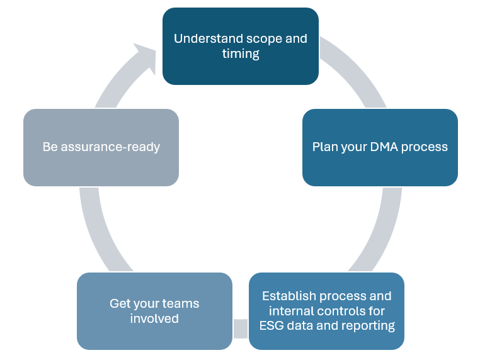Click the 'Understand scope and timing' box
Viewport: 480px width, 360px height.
(x=241, y=46)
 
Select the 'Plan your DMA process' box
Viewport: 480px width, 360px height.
(x=380, y=147)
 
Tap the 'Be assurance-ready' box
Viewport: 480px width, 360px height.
(x=101, y=147)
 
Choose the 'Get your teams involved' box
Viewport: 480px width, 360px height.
(x=154, y=311)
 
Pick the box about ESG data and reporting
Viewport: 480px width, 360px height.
(x=327, y=311)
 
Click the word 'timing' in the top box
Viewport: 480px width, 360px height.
(x=241, y=54)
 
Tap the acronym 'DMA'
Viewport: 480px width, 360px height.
(x=384, y=147)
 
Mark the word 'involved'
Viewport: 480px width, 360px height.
(x=154, y=318)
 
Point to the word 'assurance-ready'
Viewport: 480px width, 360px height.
(x=110, y=147)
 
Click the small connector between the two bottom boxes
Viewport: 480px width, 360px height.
(x=241, y=329)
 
